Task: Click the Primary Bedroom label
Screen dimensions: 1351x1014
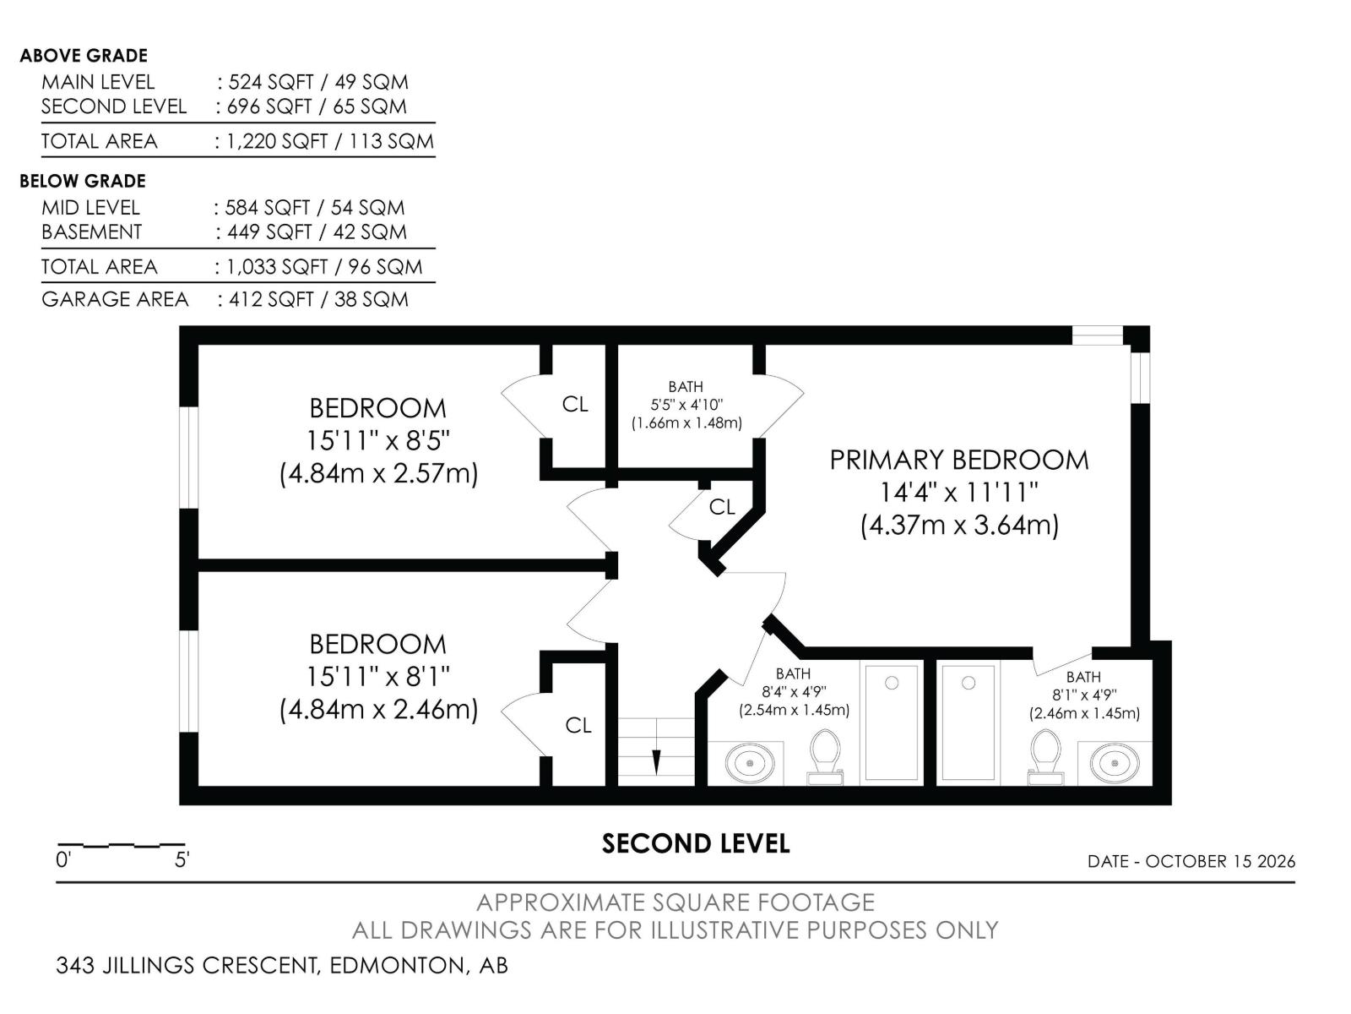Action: tap(958, 460)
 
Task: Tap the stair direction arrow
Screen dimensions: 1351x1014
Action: tap(656, 746)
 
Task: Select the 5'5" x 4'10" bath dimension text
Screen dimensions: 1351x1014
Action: tap(686, 405)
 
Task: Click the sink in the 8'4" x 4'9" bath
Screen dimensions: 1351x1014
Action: tap(750, 763)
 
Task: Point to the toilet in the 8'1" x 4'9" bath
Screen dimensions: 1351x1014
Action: tap(1045, 756)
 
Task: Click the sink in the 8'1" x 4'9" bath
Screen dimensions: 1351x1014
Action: tap(1115, 763)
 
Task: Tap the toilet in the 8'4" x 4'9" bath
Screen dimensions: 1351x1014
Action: tap(825, 756)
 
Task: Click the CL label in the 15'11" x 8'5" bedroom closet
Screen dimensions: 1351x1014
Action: tap(575, 404)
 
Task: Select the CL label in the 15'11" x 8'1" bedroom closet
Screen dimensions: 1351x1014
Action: tap(578, 725)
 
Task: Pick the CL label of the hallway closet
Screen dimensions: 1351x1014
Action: tap(722, 507)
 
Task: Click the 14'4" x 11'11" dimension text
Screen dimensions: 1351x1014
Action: tap(958, 493)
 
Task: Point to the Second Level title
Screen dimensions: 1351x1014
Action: tap(696, 843)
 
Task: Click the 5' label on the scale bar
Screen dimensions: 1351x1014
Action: tap(182, 859)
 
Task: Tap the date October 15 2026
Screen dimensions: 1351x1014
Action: tap(1220, 861)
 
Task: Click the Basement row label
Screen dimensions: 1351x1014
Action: tap(92, 232)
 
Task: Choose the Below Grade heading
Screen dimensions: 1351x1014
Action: tap(83, 181)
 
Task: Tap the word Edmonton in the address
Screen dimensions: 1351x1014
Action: tap(397, 965)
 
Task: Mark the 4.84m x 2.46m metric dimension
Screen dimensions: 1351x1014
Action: tap(378, 709)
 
